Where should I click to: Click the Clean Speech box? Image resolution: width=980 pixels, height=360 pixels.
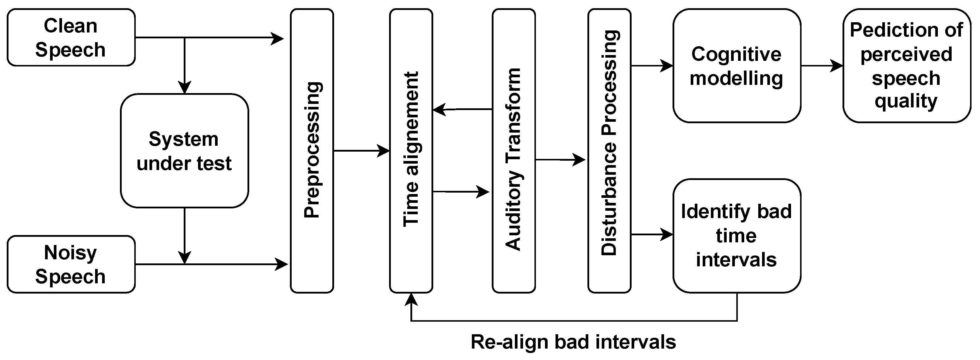coord(71,37)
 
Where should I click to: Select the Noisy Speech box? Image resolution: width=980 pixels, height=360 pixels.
coord(71,264)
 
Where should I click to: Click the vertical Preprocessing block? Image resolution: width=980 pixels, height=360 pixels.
coord(312,151)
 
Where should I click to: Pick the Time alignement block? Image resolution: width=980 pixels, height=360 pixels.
coord(411,151)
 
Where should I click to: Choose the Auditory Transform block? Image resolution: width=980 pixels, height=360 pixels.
coord(514,151)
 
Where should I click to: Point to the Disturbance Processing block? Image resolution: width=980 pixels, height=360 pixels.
coord(609,151)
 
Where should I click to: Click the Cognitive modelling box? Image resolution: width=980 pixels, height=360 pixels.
coord(737,66)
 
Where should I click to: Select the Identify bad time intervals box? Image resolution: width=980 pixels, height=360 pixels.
coord(737,236)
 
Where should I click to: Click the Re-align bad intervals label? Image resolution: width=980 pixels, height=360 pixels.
coord(573,342)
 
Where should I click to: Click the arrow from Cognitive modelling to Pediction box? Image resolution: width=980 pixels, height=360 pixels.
coord(822,66)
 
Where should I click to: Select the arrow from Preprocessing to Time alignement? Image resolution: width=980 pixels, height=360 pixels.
coord(361,151)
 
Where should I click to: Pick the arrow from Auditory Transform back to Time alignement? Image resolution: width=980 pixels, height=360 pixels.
coord(462,109)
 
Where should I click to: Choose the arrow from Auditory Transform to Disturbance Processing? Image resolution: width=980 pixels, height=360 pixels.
coord(560,160)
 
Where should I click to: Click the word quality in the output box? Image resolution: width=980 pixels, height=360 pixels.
coord(906,101)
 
